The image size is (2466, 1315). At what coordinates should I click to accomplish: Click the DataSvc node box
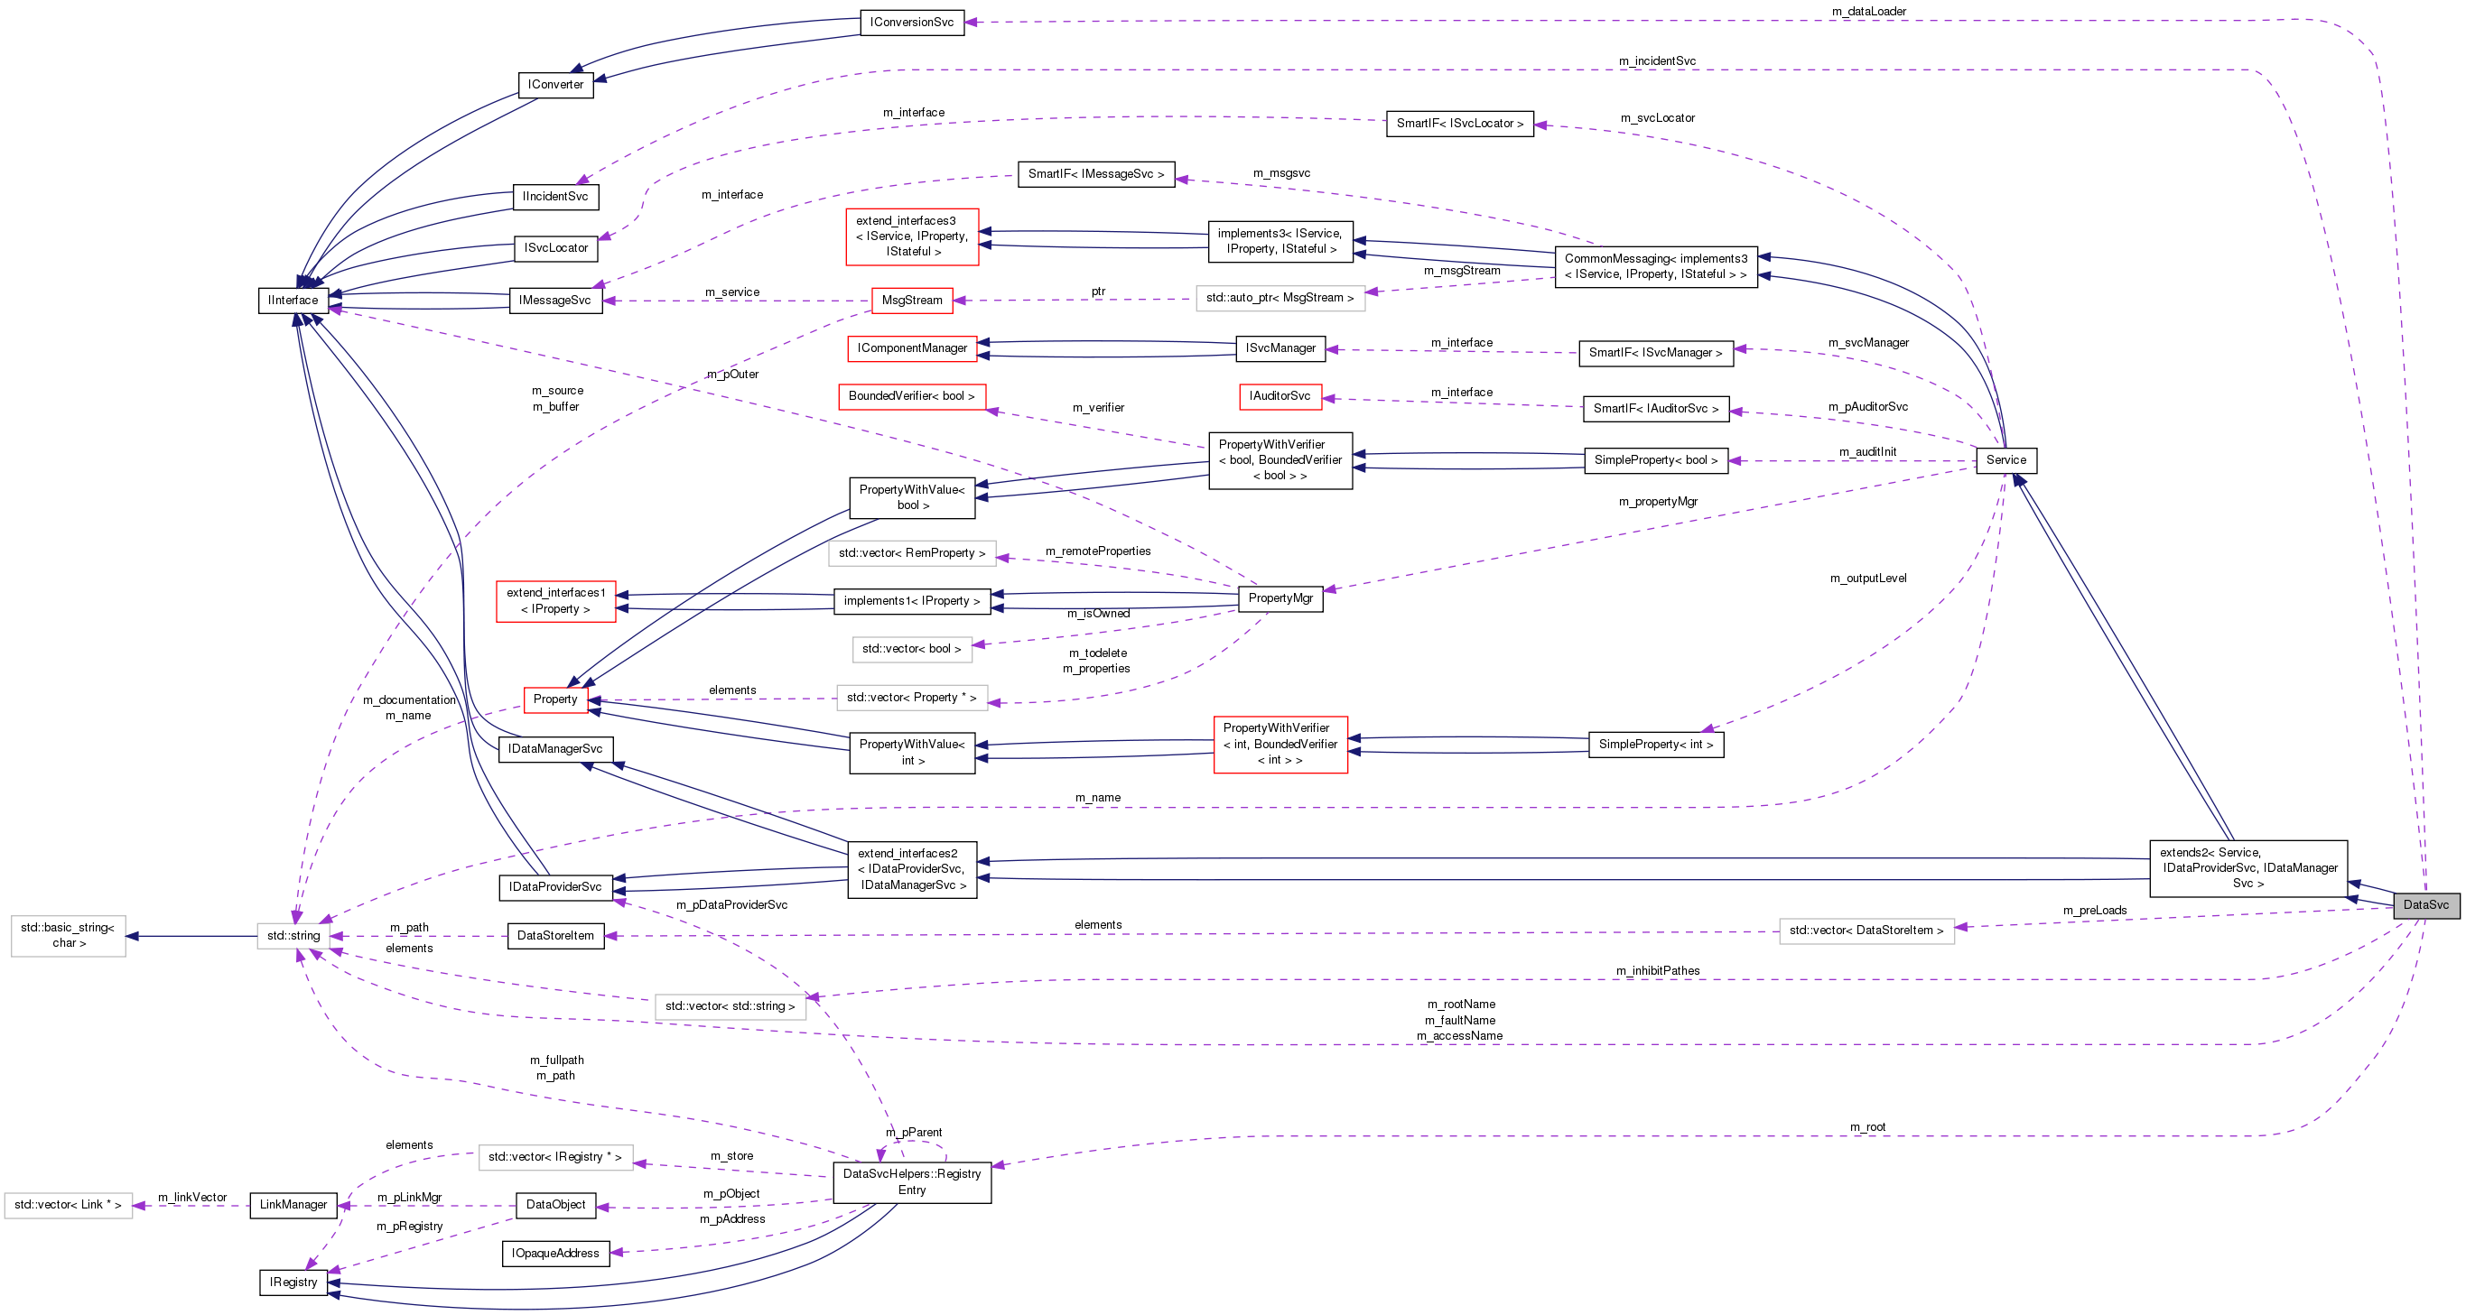(x=2424, y=904)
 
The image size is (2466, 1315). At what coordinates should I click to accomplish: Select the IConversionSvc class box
(x=911, y=22)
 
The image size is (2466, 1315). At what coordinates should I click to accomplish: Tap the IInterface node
(x=293, y=300)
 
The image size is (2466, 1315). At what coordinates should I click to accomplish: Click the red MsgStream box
(x=911, y=300)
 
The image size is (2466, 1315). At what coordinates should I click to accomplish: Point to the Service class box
(x=2005, y=459)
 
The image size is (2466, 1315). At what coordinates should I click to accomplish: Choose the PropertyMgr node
(x=1280, y=598)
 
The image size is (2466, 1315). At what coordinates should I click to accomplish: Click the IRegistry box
(x=293, y=1282)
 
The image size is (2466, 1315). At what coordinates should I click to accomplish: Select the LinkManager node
(x=293, y=1204)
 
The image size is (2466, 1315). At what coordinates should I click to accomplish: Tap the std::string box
(x=293, y=935)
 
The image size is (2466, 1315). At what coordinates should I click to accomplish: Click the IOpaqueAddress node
(x=555, y=1253)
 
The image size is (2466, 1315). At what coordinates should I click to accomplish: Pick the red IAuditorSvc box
(x=1279, y=395)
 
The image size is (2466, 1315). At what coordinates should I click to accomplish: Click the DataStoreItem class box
(x=555, y=935)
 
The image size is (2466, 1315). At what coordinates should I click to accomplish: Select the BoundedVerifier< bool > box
(x=911, y=395)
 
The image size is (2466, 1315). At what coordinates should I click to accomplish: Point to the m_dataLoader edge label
(x=1868, y=12)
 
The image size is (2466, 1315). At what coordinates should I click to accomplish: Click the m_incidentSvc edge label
(x=1656, y=61)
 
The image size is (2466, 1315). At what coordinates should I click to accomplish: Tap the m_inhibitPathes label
(x=1657, y=970)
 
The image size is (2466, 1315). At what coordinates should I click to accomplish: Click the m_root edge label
(x=1866, y=1126)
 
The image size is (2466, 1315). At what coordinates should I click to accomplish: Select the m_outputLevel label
(x=1867, y=578)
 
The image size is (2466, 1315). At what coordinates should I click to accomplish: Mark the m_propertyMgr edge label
(x=1657, y=502)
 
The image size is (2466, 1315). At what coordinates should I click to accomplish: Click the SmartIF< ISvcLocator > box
(x=1459, y=124)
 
